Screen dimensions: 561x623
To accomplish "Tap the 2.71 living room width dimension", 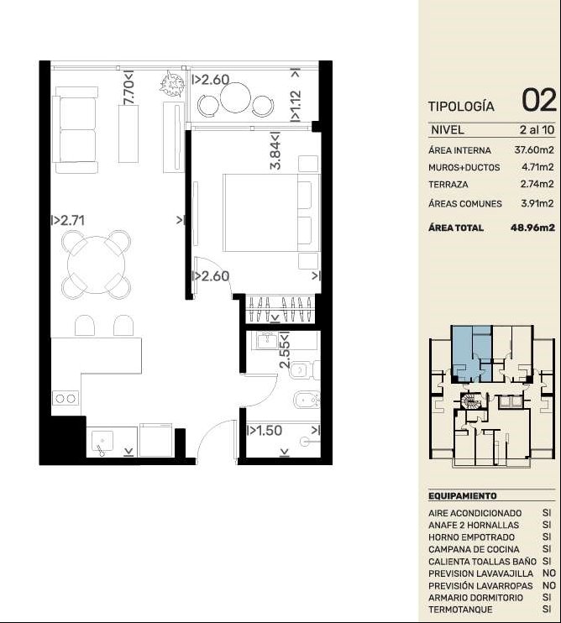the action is pos(68,220).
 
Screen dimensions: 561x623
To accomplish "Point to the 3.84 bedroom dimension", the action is pos(275,150).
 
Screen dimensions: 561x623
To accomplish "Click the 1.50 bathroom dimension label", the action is pos(265,430).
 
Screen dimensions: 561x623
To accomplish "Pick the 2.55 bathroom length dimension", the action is pos(285,350).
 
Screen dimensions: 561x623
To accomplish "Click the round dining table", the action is pos(96,265).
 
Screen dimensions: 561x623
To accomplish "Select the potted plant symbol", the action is pos(172,83).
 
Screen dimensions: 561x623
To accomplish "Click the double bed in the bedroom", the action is pos(272,212).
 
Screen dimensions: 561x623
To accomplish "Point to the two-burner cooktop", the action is pos(66,399).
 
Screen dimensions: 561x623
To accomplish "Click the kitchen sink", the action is pos(102,441).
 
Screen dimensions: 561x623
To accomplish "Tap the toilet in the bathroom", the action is pos(305,370).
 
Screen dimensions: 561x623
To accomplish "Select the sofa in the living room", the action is pos(76,130).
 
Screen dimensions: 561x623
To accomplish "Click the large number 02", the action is pos(539,100).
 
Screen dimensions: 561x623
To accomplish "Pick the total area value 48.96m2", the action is pos(532,228).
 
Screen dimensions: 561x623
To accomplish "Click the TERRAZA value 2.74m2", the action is pos(537,185).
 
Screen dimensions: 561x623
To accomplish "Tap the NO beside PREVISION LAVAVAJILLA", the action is pos(549,573).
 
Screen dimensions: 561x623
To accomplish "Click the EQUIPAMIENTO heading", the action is pos(463,496).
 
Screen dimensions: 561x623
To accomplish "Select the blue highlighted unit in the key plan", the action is pos(472,353).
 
